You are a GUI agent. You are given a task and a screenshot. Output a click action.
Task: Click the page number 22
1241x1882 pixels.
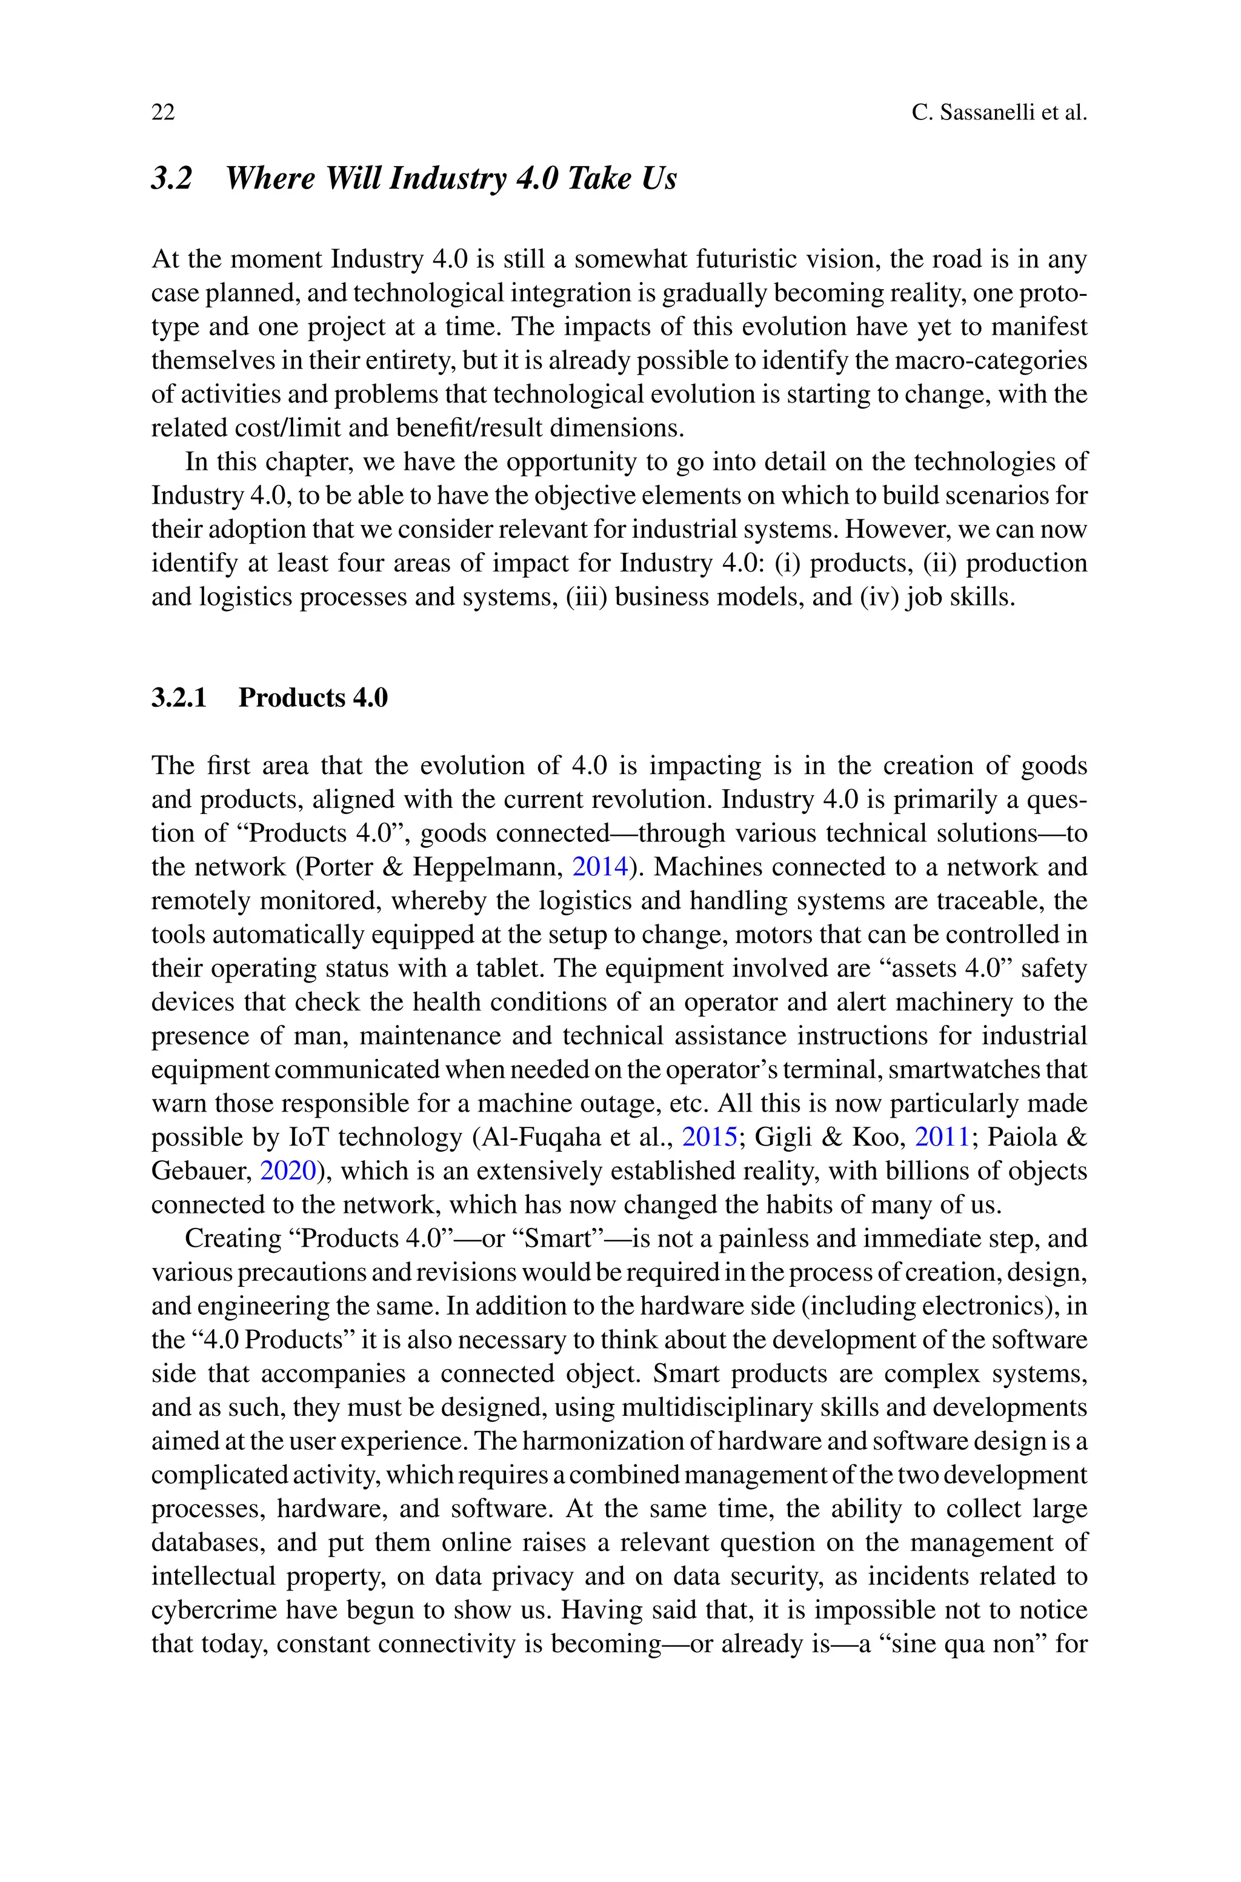coord(163,112)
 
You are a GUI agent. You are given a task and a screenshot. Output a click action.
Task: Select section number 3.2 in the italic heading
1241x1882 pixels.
coord(171,178)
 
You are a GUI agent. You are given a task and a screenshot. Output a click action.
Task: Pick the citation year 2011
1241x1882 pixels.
coord(942,1137)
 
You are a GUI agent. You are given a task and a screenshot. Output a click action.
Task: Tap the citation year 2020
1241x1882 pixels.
coord(288,1171)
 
